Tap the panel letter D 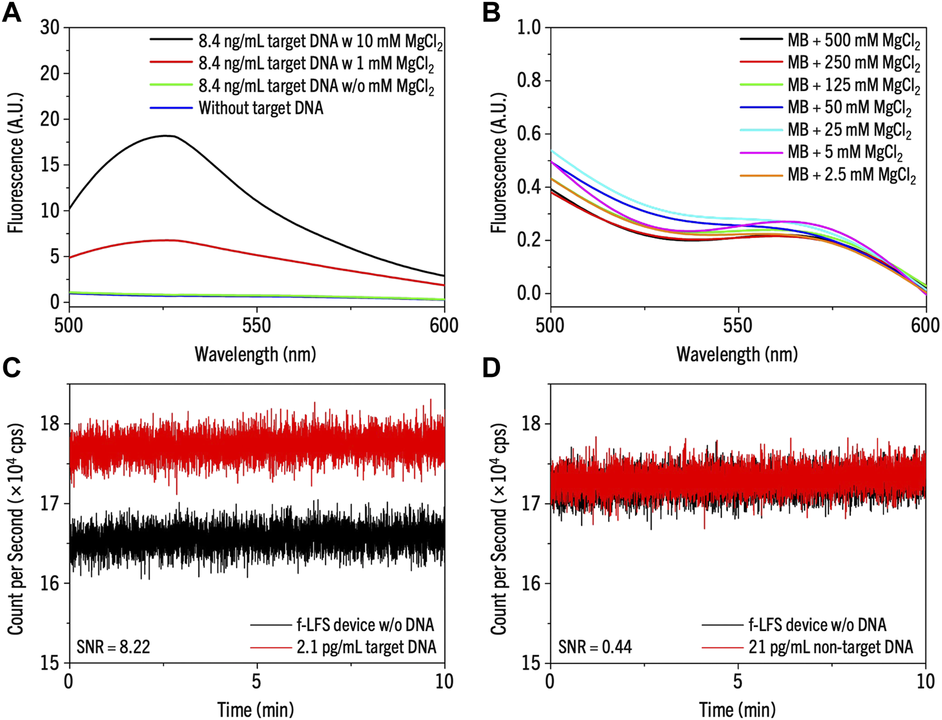point(491,368)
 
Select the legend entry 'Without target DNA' point(261,108)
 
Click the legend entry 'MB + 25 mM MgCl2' point(849,130)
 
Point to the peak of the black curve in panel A point(166,136)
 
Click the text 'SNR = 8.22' point(112,646)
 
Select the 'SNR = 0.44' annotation point(594,646)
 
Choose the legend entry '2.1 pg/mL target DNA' point(366,647)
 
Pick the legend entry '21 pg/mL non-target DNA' point(830,647)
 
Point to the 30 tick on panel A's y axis point(51,27)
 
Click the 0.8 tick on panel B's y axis point(530,80)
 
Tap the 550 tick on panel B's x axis point(738,325)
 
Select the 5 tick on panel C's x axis point(257,681)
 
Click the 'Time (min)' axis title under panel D point(737,709)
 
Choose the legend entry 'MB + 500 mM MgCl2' point(854,41)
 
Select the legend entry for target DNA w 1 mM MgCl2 point(316,64)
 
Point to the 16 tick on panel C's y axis point(51,583)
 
